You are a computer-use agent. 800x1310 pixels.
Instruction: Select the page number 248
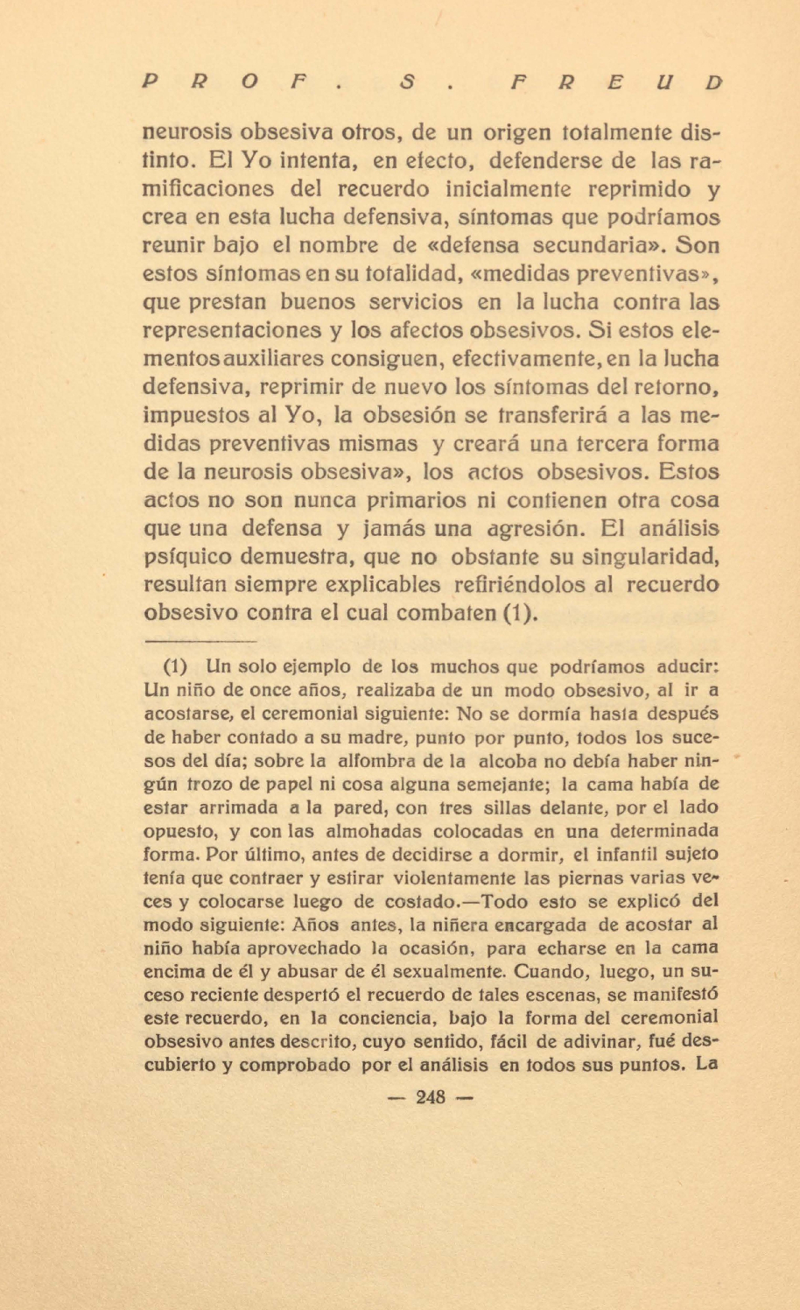pos(431,1096)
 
